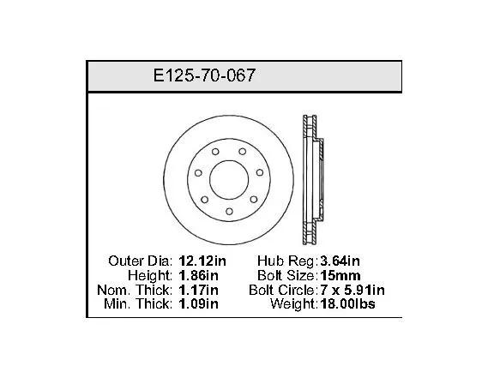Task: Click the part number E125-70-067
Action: point(204,75)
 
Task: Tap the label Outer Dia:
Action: point(140,261)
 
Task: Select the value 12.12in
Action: point(202,261)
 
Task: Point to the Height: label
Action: point(150,275)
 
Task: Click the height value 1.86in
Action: point(199,275)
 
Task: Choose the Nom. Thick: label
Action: point(135,290)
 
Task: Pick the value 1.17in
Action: point(199,290)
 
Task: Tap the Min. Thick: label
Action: point(138,303)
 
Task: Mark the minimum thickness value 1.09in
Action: point(199,303)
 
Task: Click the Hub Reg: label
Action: point(286,261)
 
